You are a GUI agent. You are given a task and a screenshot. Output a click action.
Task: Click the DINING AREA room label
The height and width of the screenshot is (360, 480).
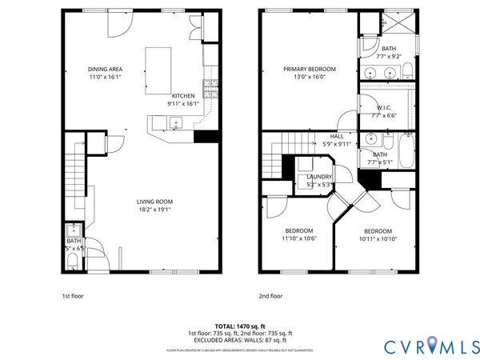point(104,70)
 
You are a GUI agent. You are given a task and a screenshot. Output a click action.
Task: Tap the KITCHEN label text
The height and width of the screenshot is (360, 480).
point(182,95)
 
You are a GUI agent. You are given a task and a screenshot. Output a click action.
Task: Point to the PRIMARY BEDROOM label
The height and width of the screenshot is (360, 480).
point(309,70)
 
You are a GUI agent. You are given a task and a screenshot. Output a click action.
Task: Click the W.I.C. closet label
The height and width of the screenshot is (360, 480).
point(383,107)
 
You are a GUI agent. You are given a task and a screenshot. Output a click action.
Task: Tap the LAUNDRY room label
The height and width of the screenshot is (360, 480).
point(319,177)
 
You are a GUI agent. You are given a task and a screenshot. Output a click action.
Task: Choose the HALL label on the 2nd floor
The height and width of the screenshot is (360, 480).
point(337,136)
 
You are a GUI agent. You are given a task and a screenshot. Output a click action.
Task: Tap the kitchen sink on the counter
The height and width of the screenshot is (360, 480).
point(175,122)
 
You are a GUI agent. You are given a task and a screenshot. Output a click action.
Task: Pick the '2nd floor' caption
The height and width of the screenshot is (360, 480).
point(270,295)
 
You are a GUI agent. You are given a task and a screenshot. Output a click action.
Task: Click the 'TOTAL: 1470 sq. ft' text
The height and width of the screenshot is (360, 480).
point(239,326)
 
